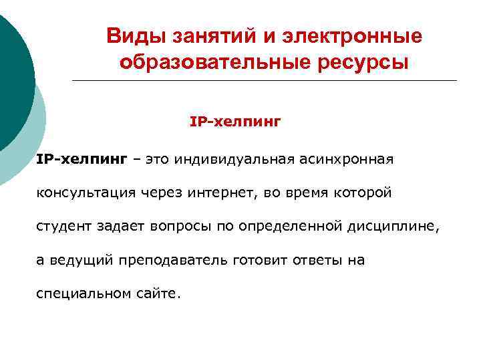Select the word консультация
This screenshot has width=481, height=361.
(x=87, y=193)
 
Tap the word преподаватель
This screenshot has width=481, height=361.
(x=177, y=260)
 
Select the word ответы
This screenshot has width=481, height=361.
(x=318, y=260)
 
